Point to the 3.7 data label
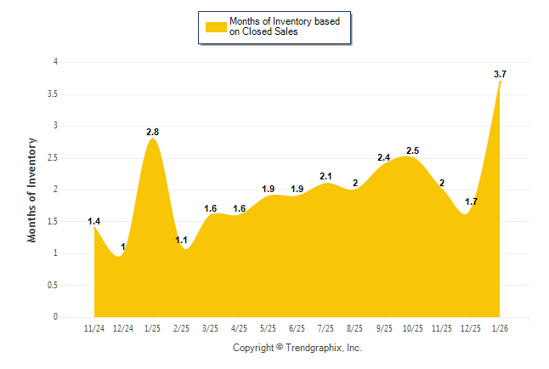(x=500, y=75)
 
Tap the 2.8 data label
(x=153, y=132)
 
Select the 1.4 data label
(x=94, y=222)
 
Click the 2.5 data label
(x=413, y=150)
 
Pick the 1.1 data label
(x=180, y=241)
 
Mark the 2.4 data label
(x=383, y=157)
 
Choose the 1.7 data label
(x=471, y=202)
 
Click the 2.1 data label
(x=325, y=176)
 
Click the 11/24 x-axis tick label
(x=94, y=328)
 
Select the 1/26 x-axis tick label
(x=500, y=328)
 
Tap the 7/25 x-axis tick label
(x=325, y=328)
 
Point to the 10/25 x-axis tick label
(x=413, y=328)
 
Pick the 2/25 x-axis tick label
(x=181, y=328)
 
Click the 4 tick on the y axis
(x=55, y=62)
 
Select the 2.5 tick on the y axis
(x=53, y=158)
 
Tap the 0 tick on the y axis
(x=55, y=317)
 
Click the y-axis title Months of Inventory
(x=32, y=190)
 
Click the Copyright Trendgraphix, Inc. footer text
(x=297, y=348)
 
